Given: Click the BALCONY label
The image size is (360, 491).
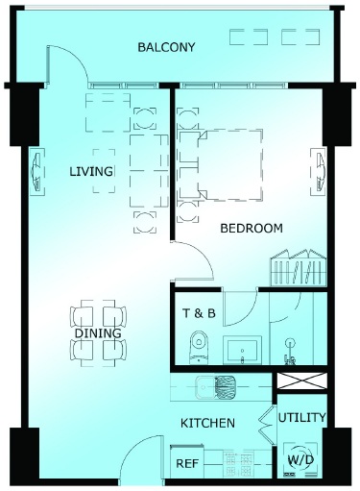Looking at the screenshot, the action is click(166, 47).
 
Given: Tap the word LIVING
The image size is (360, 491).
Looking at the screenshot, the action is click(91, 172).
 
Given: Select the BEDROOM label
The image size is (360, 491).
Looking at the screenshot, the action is click(252, 229).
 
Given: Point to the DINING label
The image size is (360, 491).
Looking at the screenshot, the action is click(98, 333).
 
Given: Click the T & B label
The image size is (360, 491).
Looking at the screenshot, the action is click(199, 313).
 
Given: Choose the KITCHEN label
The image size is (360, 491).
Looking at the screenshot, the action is click(207, 423).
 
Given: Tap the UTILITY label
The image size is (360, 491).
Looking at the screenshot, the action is click(301, 417).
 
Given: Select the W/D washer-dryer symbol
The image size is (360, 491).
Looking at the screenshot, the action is click(300, 459).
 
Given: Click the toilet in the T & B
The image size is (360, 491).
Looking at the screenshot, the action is click(199, 347).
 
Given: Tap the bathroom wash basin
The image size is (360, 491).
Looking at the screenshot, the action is click(242, 350).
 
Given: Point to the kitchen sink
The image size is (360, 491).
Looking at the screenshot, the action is click(216, 387).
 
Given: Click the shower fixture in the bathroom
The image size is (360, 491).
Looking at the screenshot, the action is click(290, 351).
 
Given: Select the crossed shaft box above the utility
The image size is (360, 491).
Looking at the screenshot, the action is click(301, 381).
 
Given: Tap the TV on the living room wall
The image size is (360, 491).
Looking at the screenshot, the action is click(37, 171).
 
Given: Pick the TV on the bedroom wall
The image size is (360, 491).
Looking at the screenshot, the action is click(319, 171).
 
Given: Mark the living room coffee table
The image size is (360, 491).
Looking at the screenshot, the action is click(104, 171).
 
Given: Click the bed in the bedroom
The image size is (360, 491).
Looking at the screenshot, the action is click(230, 165).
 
